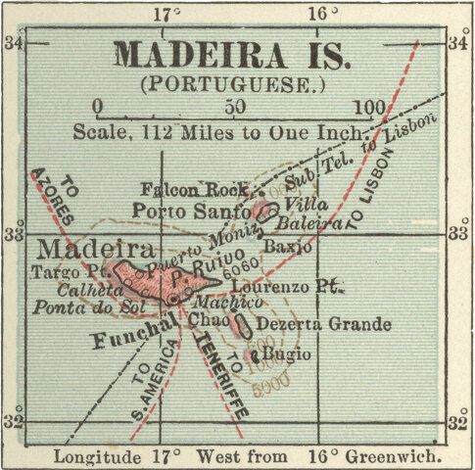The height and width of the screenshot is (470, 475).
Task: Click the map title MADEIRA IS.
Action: coord(232,55)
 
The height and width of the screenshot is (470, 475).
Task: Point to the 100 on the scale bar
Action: coord(369,107)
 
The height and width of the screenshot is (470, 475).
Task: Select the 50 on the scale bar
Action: coord(234,107)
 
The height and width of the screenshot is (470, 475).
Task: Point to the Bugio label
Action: coord(288,353)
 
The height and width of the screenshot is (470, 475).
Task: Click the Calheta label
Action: coord(75,291)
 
